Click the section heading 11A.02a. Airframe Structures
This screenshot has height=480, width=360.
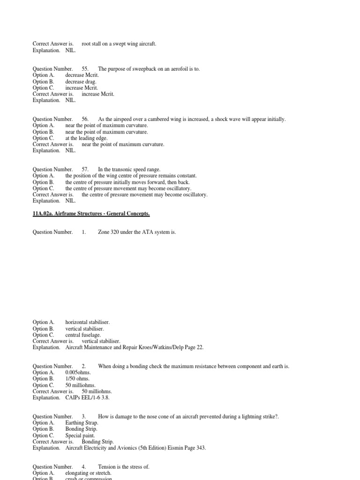coord(91,214)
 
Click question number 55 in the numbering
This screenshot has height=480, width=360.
coord(85,69)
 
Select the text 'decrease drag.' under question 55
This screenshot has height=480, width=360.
coord(81,82)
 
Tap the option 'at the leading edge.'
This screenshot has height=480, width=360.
coord(86,138)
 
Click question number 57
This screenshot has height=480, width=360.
coord(85,169)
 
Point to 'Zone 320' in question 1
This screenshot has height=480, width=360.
coord(109,232)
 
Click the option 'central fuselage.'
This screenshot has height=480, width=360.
coord(83,335)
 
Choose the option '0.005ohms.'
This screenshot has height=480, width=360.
coord(77,373)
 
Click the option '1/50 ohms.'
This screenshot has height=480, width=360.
coord(77,379)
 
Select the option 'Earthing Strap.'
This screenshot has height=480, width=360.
coord(82,423)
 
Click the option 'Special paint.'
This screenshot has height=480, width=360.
coord(80,435)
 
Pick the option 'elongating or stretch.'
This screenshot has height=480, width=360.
coord(88,473)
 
